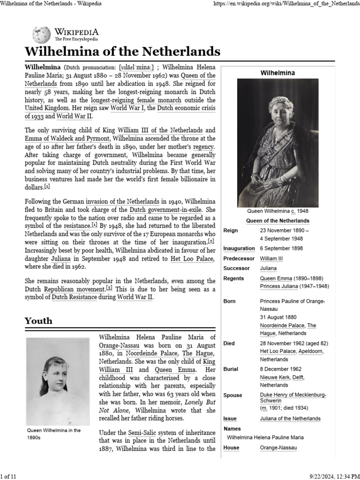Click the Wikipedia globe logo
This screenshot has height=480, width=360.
(41, 35)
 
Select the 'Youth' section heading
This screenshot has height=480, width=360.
(38, 321)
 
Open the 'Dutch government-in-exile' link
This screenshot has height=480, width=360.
(165, 210)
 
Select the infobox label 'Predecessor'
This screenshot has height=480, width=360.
(239, 259)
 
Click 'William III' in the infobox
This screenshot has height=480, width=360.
(271, 259)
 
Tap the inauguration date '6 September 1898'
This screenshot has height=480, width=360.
(281, 248)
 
